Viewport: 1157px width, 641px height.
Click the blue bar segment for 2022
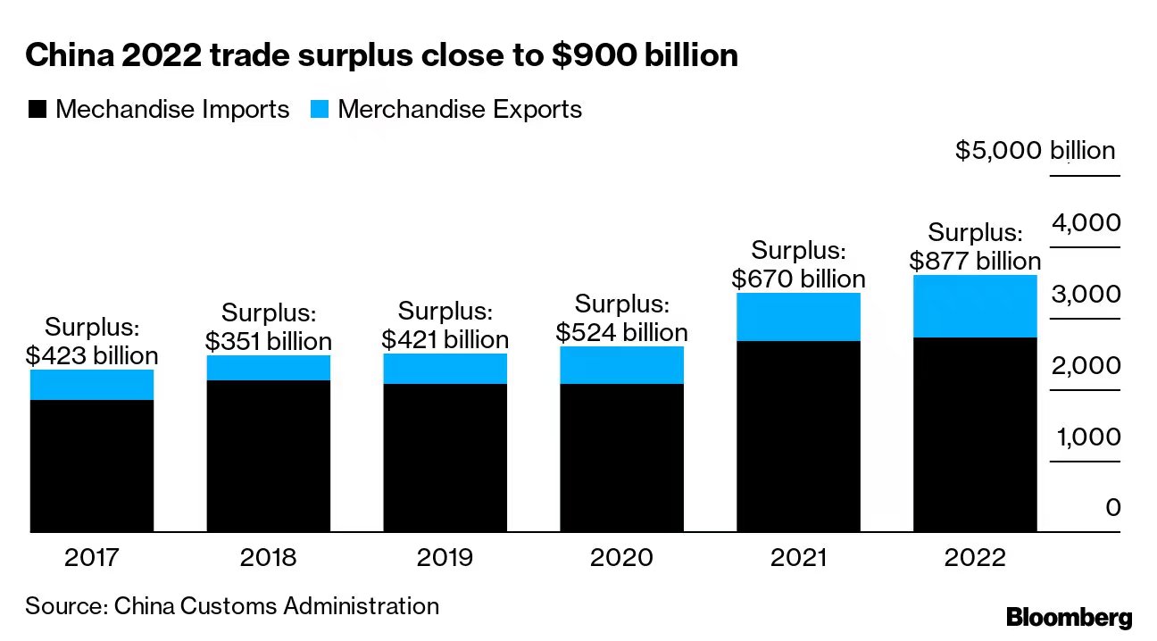point(975,306)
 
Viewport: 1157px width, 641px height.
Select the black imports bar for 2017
point(92,466)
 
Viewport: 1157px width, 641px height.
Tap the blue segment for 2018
point(268,368)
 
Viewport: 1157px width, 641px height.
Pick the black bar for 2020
point(621,458)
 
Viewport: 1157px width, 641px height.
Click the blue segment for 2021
point(798,317)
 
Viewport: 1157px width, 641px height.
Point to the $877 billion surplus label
point(975,247)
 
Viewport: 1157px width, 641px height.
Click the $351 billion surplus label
point(268,328)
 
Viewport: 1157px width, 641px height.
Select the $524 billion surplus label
point(621,319)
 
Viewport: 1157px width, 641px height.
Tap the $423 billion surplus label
point(92,342)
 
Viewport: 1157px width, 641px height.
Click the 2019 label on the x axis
point(445,558)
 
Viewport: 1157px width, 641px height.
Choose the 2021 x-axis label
point(798,558)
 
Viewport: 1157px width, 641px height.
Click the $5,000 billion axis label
point(1035,150)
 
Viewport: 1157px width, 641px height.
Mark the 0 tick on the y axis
point(1111,508)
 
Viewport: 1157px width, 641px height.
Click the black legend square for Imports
point(37,110)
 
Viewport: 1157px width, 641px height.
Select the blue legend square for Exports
point(320,110)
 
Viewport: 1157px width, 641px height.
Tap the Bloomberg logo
point(1069,616)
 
